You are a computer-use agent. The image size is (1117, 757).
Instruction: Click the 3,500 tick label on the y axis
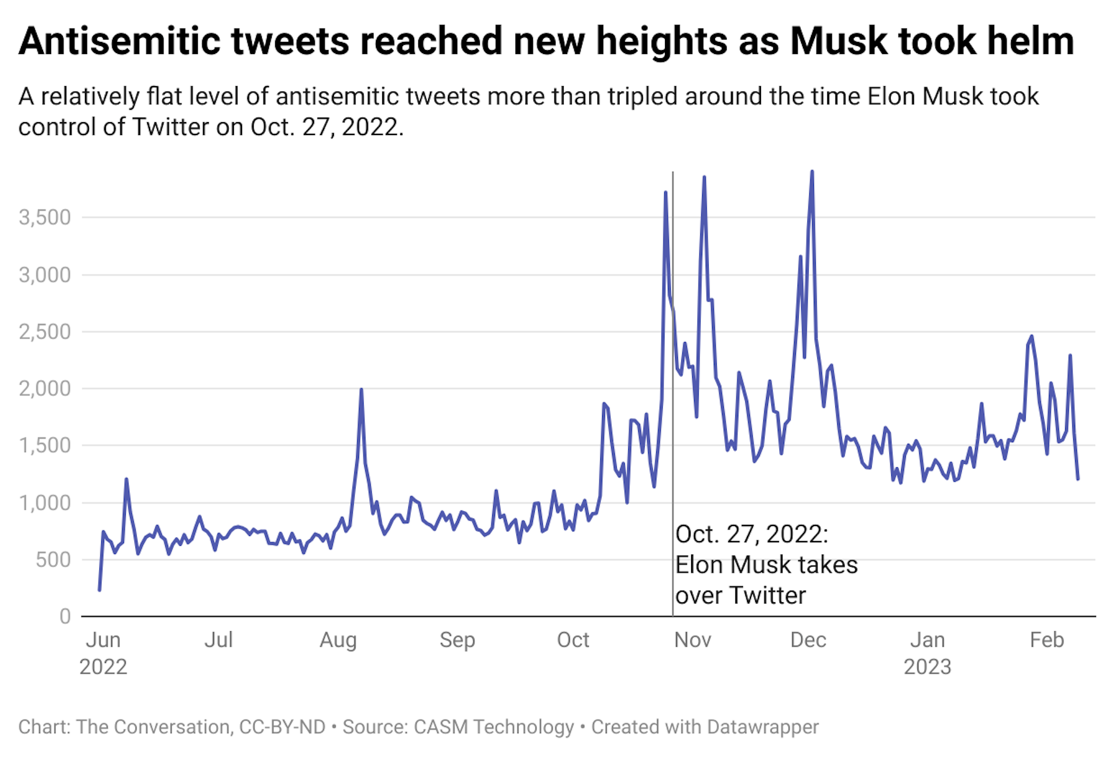coord(45,218)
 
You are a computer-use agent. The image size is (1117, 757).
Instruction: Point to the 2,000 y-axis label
coord(45,389)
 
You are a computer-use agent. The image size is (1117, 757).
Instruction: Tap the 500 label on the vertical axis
coord(53,560)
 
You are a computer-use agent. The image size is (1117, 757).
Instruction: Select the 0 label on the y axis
coord(65,617)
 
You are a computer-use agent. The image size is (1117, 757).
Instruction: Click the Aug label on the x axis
coord(338,640)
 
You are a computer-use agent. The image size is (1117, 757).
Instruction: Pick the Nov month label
coord(692,640)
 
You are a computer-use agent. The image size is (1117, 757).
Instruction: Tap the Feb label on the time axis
coord(1047,640)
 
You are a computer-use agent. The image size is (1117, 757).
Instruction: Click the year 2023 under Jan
coord(927,667)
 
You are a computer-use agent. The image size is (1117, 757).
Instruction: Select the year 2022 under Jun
coord(103,667)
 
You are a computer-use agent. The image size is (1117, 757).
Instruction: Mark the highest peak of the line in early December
coord(812,172)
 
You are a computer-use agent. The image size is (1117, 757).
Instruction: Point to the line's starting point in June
coord(99,590)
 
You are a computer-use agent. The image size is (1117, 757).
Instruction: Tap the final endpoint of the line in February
coord(1078,479)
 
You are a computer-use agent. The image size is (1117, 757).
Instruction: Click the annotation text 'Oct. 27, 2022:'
coord(752,534)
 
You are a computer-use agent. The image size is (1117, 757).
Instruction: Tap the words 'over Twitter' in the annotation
coord(740,595)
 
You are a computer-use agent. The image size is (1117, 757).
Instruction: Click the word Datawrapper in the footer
coord(763,727)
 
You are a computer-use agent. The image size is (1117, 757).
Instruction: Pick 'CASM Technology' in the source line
coord(493,727)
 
